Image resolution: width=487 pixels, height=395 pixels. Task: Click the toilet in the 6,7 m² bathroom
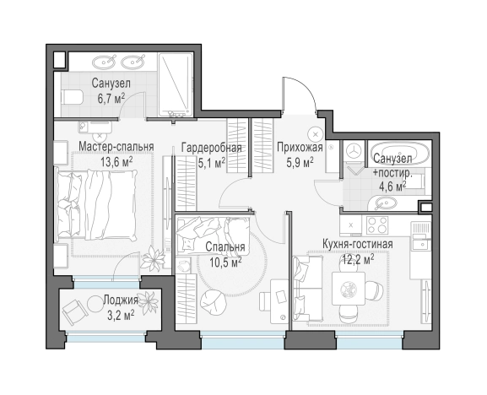coord(72,98)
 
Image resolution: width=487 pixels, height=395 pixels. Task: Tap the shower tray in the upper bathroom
coord(176,84)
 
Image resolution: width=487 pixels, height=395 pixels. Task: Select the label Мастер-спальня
coord(116,146)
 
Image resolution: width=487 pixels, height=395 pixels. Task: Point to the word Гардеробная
coord(212,147)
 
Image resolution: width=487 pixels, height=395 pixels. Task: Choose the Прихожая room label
coord(300,147)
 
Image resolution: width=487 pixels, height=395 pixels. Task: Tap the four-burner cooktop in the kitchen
coord(377,225)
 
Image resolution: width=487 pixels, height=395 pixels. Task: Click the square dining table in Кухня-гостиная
coord(349,289)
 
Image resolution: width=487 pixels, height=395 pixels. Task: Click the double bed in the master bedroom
coord(96,205)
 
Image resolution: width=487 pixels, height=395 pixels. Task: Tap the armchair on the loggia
coord(74,310)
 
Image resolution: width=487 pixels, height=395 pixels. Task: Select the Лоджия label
coord(121,300)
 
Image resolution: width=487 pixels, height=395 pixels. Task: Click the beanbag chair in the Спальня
coord(213,302)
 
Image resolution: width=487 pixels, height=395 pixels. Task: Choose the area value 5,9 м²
coord(300,162)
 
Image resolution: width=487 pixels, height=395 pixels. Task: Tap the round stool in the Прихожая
coord(316,134)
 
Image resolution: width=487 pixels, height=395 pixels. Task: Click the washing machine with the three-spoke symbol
coord(354,150)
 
